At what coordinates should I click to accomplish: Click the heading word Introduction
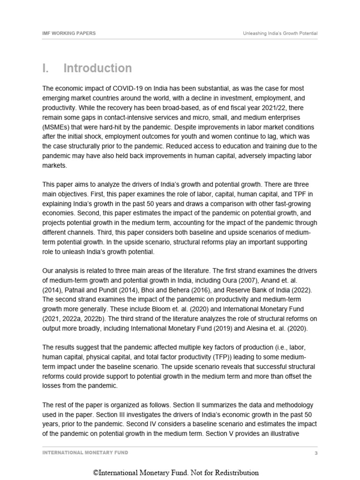coord(97,68)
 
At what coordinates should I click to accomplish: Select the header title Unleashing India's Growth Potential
coord(280,33)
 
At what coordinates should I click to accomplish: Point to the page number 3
coord(316,453)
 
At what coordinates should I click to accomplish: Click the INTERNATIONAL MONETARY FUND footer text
coord(85,453)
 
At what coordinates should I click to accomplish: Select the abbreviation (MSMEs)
coord(58,127)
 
